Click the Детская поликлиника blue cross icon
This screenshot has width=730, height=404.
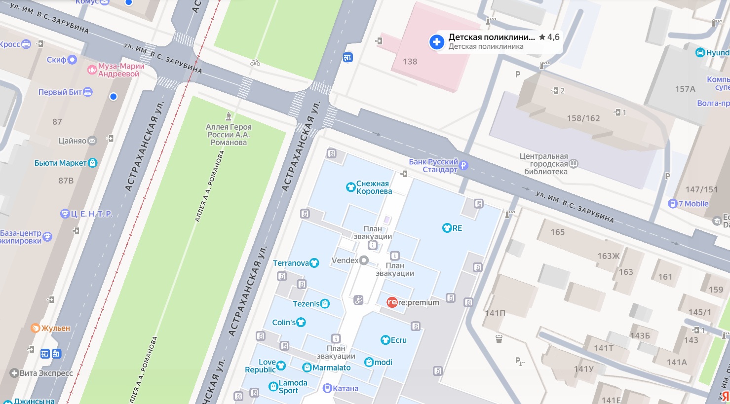(x=436, y=42)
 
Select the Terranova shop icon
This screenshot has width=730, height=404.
(x=314, y=263)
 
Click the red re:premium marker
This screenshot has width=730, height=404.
(x=392, y=302)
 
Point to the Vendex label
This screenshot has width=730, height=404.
(x=345, y=260)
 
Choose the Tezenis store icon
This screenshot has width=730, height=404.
(x=325, y=304)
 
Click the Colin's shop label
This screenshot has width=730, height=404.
(x=284, y=323)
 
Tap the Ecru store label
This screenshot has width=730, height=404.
(x=398, y=340)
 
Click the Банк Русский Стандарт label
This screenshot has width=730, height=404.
(x=433, y=166)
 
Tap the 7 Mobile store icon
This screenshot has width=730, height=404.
(x=672, y=204)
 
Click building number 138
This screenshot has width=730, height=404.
(x=410, y=62)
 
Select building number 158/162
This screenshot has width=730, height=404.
(x=583, y=118)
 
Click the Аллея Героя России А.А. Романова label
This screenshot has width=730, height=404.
(x=229, y=135)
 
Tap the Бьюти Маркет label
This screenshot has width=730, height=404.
(x=60, y=163)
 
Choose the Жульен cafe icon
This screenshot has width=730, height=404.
(x=35, y=328)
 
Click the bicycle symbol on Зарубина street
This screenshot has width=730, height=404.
(x=255, y=62)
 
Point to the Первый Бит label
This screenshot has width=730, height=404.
(x=60, y=92)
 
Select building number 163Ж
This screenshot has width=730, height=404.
(x=608, y=256)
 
